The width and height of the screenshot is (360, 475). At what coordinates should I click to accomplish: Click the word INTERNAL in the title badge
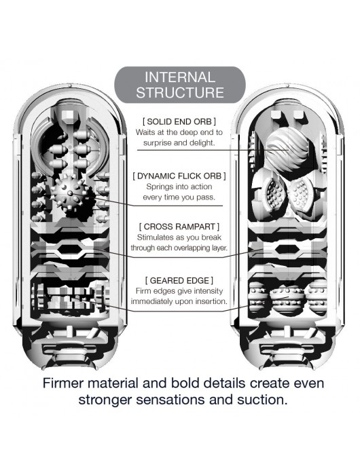pyautogui.click(x=180, y=77)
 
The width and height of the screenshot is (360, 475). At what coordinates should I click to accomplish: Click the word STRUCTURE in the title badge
pyautogui.click(x=180, y=92)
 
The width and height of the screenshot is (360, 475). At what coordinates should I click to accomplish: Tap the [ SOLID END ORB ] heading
pyautogui.click(x=179, y=121)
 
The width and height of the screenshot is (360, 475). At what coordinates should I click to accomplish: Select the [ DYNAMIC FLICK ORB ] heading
pyautogui.click(x=179, y=176)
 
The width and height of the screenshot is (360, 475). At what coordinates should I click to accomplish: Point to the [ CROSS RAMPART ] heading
pyautogui.click(x=179, y=227)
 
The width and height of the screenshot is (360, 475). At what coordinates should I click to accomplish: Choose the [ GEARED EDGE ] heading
pyautogui.click(x=179, y=280)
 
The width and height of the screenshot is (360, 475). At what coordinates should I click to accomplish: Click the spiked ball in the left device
pyautogui.click(x=70, y=193)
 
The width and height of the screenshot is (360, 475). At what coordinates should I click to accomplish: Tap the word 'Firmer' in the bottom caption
pyautogui.click(x=62, y=383)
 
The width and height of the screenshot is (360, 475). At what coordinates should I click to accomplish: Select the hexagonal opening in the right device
pyautogui.click(x=287, y=250)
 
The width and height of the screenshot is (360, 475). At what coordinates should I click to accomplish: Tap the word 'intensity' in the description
pyautogui.click(x=209, y=291)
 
